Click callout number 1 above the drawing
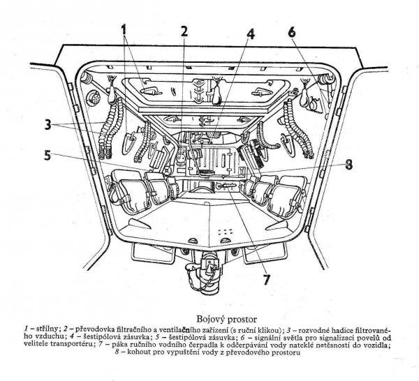click(124, 30)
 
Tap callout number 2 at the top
click(184, 31)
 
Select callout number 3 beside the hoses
click(47, 124)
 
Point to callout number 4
click(251, 34)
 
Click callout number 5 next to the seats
click(47, 156)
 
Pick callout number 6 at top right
click(292, 32)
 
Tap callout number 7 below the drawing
click(266, 280)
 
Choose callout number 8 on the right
click(348, 165)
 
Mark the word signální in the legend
click(269, 336)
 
